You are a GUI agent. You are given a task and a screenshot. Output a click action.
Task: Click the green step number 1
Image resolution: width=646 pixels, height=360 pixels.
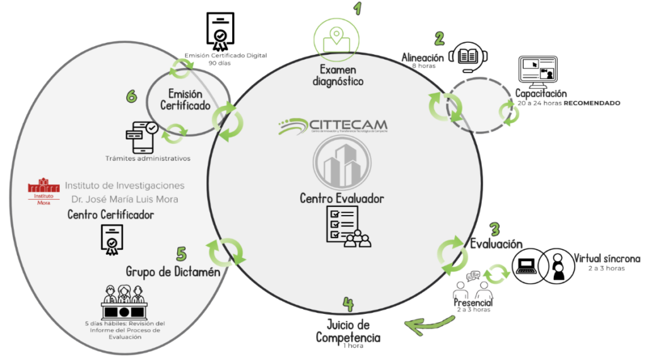[x=358, y=8]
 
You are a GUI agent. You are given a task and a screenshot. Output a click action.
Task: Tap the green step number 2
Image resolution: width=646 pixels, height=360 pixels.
[x=439, y=38]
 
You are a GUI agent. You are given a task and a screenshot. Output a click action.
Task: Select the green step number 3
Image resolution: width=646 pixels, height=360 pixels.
[x=495, y=229]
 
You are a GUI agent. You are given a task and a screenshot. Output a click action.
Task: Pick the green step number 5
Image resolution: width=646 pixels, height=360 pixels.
[x=181, y=253]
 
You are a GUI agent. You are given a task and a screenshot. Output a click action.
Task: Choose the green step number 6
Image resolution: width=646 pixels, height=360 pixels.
[x=131, y=96]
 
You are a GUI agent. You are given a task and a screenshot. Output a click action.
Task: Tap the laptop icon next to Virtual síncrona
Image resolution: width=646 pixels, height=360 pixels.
[x=527, y=265]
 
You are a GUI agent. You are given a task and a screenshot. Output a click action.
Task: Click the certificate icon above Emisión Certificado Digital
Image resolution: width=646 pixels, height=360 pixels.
[x=220, y=31]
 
